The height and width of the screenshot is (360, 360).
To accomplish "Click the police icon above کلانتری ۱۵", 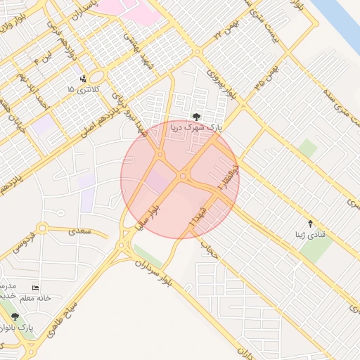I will [x=84, y=78].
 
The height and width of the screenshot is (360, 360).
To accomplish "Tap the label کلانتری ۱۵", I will [x=84, y=90].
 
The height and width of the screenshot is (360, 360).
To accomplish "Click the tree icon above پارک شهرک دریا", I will [x=195, y=117].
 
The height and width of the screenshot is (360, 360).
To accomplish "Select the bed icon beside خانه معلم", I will [x=36, y=288].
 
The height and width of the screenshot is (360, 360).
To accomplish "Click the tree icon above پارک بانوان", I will [x=15, y=316].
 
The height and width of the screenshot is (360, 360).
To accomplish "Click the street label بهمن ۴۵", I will [x=268, y=77].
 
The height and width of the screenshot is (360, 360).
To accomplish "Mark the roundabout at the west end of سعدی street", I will [x=42, y=229].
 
